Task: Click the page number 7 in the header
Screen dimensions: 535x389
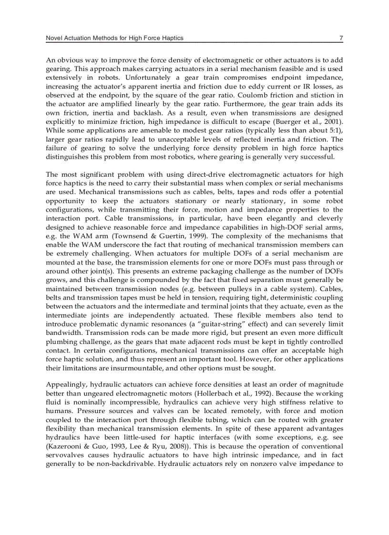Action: pos(341,38)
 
